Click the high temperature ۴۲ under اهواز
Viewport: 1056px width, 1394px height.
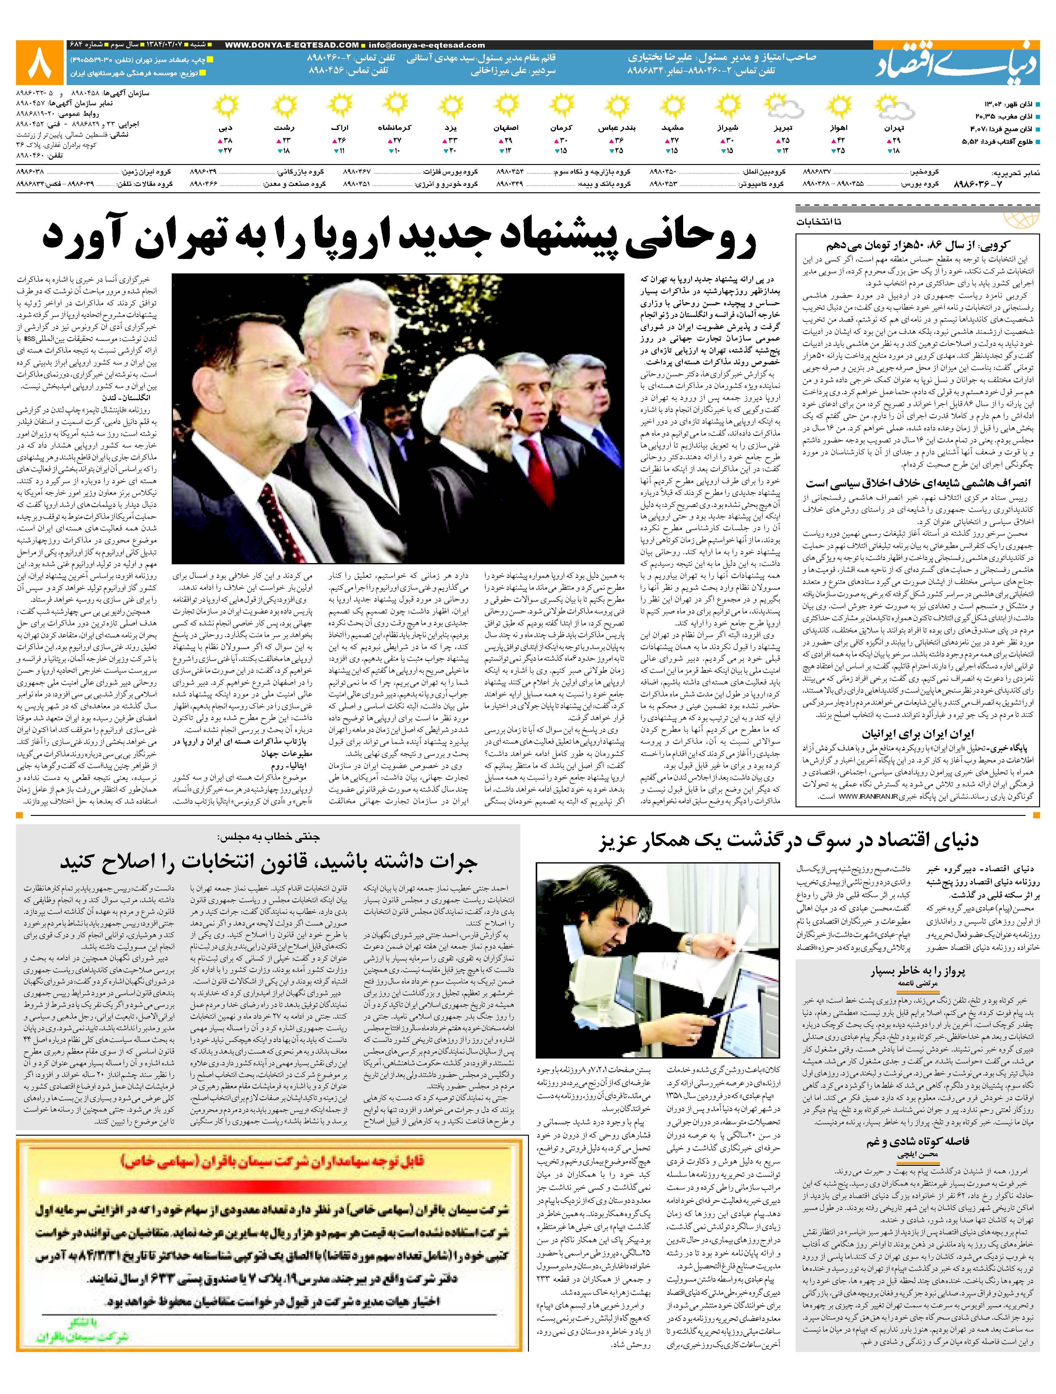click(x=840, y=140)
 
